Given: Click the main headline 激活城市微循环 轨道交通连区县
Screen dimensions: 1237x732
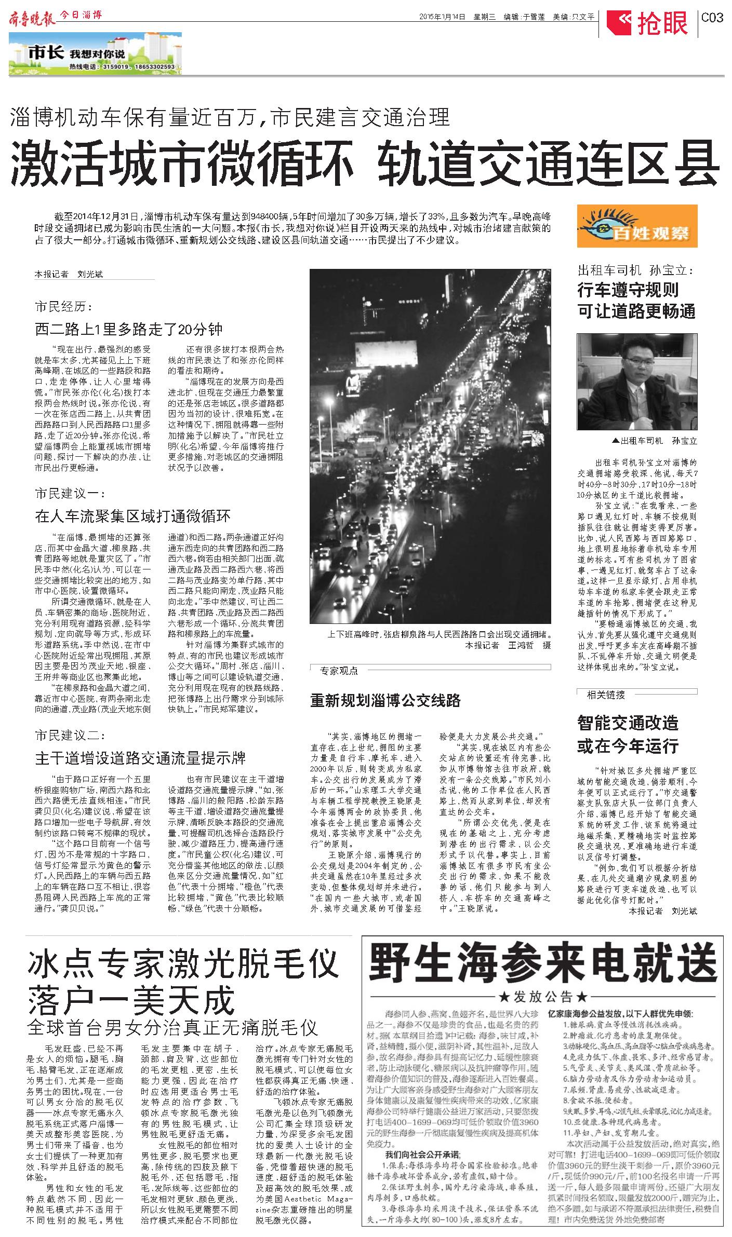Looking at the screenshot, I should pyautogui.click(x=365, y=163).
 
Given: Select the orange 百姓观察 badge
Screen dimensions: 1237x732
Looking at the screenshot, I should pyautogui.click(x=636, y=226).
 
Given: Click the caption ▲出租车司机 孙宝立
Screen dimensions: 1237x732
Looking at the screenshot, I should pyautogui.click(x=655, y=441).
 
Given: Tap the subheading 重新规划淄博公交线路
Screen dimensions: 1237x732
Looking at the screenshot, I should pyautogui.click(x=385, y=701).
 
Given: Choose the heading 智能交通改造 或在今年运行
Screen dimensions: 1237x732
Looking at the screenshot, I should pyautogui.click(x=628, y=733).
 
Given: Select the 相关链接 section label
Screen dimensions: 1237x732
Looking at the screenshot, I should pyautogui.click(x=605, y=695).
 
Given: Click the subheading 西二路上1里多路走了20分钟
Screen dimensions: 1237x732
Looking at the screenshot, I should pyautogui.click(x=129, y=329).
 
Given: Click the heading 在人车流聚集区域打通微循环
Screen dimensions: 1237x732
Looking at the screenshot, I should pyautogui.click(x=132, y=516).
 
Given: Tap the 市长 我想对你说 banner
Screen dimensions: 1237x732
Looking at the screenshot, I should pyautogui.click(x=95, y=54).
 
